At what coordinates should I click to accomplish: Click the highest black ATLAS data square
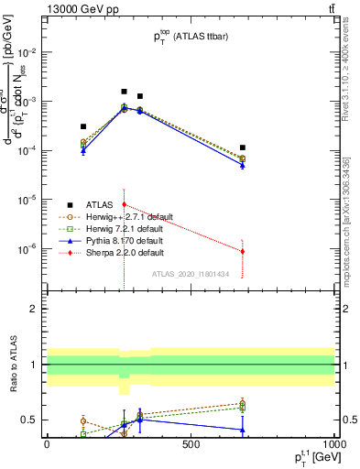[x=125, y=92]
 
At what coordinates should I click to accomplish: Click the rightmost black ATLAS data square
[x=243, y=147]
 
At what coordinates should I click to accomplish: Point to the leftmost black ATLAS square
[x=83, y=126]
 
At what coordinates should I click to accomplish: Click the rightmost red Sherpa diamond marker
[x=243, y=252]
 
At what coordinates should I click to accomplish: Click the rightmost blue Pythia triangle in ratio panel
[x=243, y=429]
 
